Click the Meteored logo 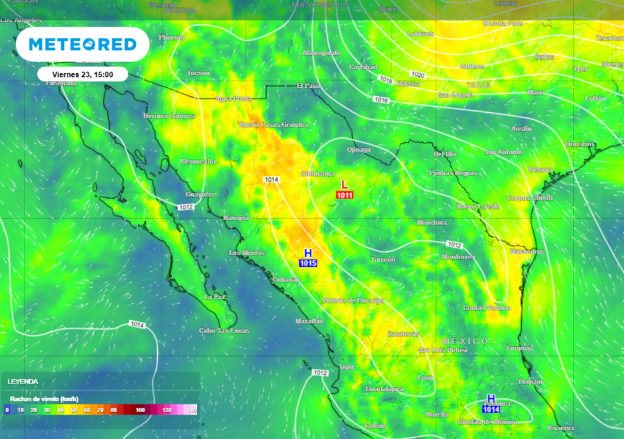pyautogui.click(x=82, y=45)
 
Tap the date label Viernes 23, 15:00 pyautogui.click(x=82, y=74)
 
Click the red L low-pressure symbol pyautogui.click(x=344, y=185)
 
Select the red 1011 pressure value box pyautogui.click(x=344, y=195)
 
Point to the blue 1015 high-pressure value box pyautogui.click(x=308, y=263)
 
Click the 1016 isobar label pyautogui.click(x=381, y=99)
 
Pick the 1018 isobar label pyautogui.click(x=386, y=79)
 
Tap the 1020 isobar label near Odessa pyautogui.click(x=417, y=74)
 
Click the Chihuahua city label pyautogui.click(x=317, y=174)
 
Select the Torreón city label pyautogui.click(x=383, y=260)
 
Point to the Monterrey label pyautogui.click(x=458, y=257)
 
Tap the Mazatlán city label pyautogui.click(x=308, y=321)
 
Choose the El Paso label pyautogui.click(x=308, y=86)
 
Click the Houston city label pyautogui.click(x=579, y=145)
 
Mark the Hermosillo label pyautogui.click(x=198, y=162)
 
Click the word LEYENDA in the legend pyautogui.click(x=23, y=382)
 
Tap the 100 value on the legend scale pyautogui.click(x=141, y=410)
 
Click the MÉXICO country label pyautogui.click(x=465, y=341)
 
